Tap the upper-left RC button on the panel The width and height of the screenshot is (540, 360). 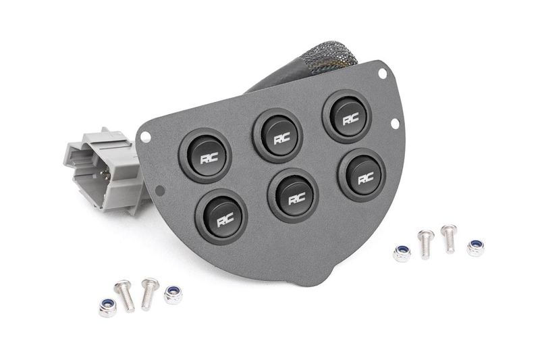(x=206, y=155)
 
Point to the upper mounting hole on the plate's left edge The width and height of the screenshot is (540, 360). (x=144, y=137)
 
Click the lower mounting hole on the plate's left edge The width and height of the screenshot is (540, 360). (x=159, y=191)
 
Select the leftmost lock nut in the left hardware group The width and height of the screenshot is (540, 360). (x=107, y=307)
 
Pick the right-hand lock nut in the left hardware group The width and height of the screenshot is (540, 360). (x=173, y=294)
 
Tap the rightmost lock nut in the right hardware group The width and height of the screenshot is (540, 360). (x=475, y=247)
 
